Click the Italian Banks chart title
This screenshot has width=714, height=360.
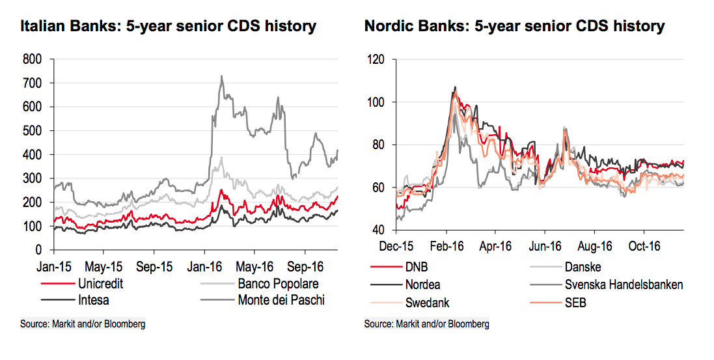pyautogui.click(x=168, y=27)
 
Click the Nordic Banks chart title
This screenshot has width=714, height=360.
pyautogui.click(x=514, y=27)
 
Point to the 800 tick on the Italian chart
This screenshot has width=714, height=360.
pyautogui.click(x=33, y=59)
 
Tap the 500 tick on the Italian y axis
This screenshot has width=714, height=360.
pyautogui.click(x=33, y=131)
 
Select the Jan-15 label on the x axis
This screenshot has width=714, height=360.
pyautogui.click(x=54, y=267)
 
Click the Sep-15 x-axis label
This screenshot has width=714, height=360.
pyautogui.click(x=154, y=267)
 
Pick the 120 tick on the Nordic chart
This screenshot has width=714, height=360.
pyautogui.click(x=376, y=59)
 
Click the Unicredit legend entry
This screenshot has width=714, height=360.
pyautogui.click(x=100, y=284)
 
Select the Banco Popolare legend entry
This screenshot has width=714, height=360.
pyautogui.click(x=278, y=284)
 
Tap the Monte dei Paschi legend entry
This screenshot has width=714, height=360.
pyautogui.click(x=281, y=300)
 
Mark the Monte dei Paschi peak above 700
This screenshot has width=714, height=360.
pyautogui.click(x=221, y=77)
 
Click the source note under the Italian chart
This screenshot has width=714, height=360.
pyautogui.click(x=83, y=324)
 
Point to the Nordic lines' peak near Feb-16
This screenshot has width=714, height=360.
pyautogui.click(x=455, y=88)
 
